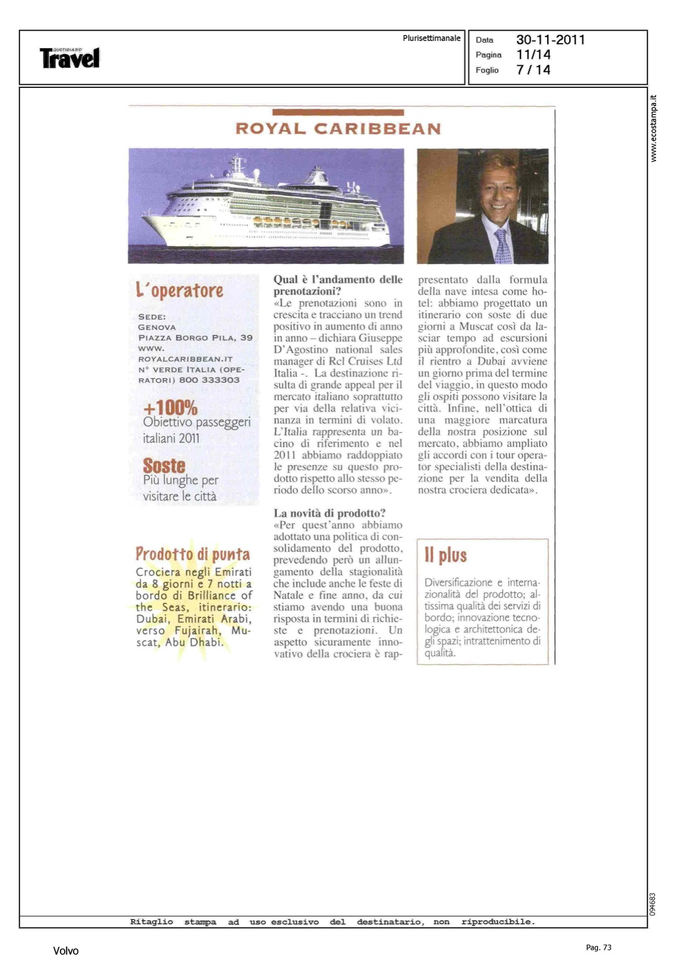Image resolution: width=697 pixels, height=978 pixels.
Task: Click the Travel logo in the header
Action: click(70, 58)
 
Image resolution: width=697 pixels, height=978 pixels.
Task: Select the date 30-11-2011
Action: click(550, 40)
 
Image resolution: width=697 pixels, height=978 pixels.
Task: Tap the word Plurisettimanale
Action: click(431, 38)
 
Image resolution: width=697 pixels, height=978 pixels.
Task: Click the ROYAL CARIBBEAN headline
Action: click(338, 128)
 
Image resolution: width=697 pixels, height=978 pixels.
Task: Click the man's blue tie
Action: click(503, 246)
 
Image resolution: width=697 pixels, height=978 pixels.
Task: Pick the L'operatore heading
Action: click(179, 290)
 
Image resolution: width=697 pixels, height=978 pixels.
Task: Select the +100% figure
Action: click(170, 407)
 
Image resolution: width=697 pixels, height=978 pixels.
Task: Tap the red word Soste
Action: click(164, 466)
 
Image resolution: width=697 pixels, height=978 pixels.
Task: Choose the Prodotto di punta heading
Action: click(192, 554)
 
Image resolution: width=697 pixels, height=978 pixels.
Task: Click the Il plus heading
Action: click(445, 555)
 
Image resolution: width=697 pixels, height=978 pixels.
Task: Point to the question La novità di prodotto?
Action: click(329, 513)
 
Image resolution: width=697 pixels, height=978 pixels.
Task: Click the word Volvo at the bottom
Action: click(66, 951)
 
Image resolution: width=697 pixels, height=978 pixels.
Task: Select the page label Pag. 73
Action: click(599, 947)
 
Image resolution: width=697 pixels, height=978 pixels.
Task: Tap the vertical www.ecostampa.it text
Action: click(653, 128)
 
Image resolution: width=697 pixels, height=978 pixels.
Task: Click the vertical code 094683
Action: click(653, 904)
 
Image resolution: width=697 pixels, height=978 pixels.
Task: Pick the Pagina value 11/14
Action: click(533, 55)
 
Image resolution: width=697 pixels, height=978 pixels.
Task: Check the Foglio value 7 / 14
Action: click(533, 70)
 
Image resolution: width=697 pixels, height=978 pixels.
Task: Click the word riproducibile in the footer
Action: click(497, 921)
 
